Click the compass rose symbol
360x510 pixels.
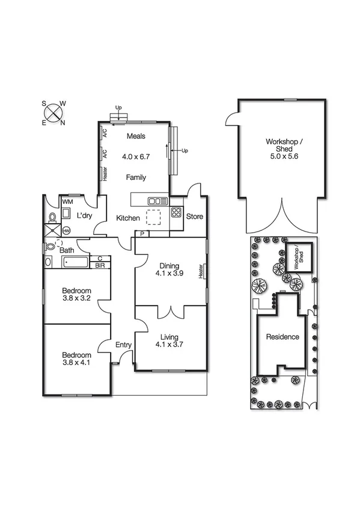(x=53, y=112)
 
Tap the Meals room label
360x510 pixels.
(x=136, y=136)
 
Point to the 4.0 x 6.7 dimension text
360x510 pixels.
(x=136, y=156)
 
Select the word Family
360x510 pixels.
(x=136, y=177)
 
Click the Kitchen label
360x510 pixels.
(x=128, y=218)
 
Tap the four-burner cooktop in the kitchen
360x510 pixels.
(x=177, y=212)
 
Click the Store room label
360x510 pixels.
(x=195, y=217)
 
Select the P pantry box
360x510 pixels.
(x=142, y=233)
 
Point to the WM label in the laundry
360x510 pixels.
(x=67, y=202)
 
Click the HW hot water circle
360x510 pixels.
(x=66, y=230)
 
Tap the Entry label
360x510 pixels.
(x=124, y=345)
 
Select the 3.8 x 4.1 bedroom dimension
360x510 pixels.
(x=76, y=363)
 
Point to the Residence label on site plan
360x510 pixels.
(x=282, y=337)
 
